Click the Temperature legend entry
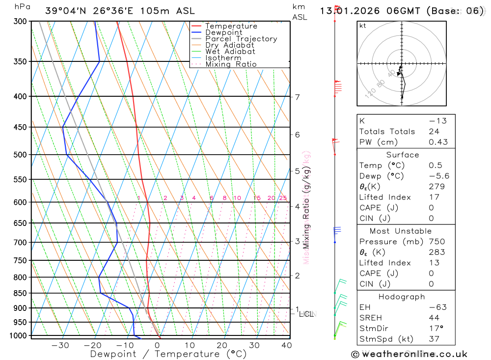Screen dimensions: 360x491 (x=231, y=26)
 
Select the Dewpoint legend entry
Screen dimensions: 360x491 (x=224, y=32)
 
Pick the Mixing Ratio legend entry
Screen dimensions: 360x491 (x=231, y=64)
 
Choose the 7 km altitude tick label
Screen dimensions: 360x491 (x=298, y=97)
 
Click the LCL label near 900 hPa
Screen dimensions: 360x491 (x=306, y=314)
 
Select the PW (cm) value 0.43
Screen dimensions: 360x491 (x=438, y=142)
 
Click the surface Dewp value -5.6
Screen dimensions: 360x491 (x=438, y=176)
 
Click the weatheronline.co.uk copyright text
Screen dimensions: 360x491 (x=409, y=354)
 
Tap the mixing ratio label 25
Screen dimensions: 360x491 (x=283, y=198)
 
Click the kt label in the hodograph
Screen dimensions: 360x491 (x=363, y=26)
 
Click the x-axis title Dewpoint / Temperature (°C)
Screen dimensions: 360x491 (x=168, y=354)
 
